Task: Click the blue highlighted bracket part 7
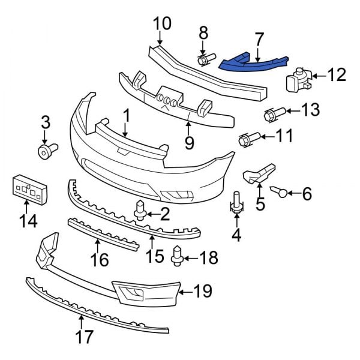[x=255, y=62]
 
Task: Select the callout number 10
[x=161, y=24]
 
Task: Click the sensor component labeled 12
[x=298, y=79]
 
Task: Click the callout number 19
[x=203, y=292]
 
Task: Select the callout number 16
[x=100, y=260]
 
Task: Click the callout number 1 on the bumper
[x=127, y=113]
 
